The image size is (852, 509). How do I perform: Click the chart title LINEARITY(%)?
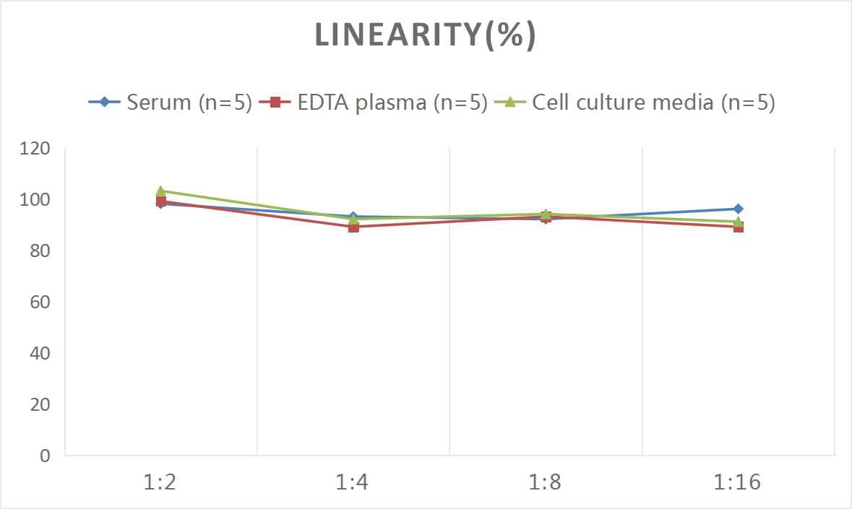tap(425, 35)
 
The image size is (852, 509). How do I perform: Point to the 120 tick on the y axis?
tap(35, 149)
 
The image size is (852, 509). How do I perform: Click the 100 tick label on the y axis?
tap(35, 200)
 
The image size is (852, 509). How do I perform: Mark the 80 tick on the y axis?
tap(39, 251)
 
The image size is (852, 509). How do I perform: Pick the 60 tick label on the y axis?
tap(39, 302)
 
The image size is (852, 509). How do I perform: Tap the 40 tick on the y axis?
tap(39, 353)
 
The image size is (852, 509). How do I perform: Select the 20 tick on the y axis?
tap(39, 404)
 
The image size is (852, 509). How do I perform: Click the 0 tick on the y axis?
tap(45, 456)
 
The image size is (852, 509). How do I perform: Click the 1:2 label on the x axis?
tap(160, 482)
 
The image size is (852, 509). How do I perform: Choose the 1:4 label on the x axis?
tap(353, 482)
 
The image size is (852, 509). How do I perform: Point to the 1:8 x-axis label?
tap(545, 482)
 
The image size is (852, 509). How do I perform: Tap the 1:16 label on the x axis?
tap(738, 482)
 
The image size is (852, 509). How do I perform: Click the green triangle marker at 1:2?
tap(160, 191)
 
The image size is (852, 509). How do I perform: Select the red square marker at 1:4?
tap(353, 227)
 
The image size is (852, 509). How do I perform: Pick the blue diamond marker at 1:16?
tap(738, 209)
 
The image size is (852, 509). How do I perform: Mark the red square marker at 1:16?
tap(738, 227)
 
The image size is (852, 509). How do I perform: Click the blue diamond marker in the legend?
tap(105, 102)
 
